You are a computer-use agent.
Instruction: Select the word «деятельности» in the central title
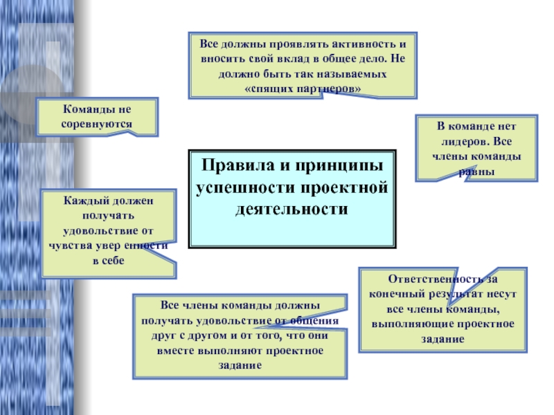pos(292,209)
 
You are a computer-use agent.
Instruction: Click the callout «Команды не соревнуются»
pos(98,116)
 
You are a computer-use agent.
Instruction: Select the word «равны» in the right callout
pos(476,170)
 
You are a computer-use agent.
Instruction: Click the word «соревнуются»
pos(98,123)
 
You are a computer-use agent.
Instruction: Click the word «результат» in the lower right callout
pos(451,294)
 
